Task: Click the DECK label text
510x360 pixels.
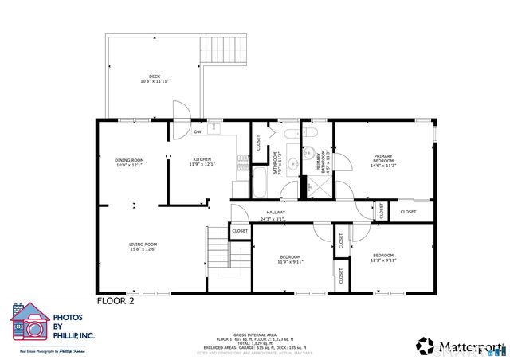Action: tap(155, 76)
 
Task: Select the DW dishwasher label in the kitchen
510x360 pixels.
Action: tap(197, 132)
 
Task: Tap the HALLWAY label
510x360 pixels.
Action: tap(276, 213)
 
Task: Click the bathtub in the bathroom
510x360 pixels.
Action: tap(260, 181)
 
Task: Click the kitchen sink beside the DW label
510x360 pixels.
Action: tap(214, 128)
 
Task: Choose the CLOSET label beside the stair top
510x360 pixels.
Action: tap(240, 231)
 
